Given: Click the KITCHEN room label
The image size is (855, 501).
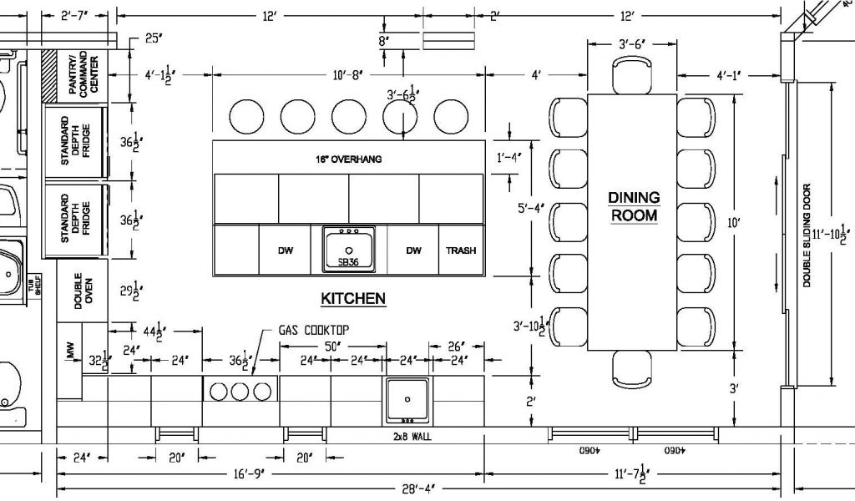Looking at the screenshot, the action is point(353,299).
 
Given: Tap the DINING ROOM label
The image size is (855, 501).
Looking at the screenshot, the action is point(634,206).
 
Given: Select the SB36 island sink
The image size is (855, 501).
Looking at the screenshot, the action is point(349,249).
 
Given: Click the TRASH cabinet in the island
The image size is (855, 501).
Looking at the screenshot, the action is point(461,250).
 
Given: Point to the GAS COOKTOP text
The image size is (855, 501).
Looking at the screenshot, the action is point(314,330).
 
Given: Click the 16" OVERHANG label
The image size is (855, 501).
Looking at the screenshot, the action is point(348,159).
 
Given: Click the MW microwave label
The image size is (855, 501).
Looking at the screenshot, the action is point(70,351).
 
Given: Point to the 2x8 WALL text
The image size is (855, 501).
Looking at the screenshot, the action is point(412,437).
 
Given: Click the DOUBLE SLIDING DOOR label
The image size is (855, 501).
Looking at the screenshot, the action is point(807,235).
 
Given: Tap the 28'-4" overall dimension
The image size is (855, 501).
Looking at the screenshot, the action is point(418,488).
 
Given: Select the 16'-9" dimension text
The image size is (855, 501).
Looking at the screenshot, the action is point(248,474).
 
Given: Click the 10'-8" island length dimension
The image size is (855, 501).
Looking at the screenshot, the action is point(347,74).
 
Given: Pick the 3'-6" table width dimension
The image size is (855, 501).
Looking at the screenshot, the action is point(633,45).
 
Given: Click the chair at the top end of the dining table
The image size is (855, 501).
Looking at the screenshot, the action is point(632,76).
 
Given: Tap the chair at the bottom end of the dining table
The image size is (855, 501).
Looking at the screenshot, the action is point(632,369).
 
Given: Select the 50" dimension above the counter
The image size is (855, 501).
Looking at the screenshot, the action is point(332,347).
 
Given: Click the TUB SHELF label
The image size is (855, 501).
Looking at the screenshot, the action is point(38,284).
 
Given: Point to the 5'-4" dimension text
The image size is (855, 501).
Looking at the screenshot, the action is point(531,208).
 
